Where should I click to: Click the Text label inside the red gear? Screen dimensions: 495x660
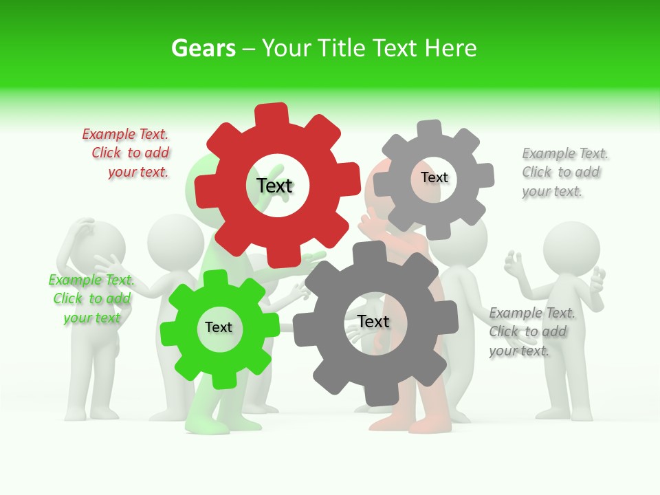pos(275,186)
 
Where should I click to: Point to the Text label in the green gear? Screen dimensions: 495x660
pos(219,328)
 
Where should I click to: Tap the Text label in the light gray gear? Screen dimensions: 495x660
pos(434,177)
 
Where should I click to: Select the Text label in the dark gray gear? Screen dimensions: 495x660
pos(373,322)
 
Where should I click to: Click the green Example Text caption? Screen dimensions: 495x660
pos(91,299)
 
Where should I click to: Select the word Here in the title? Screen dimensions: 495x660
pos(450,48)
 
